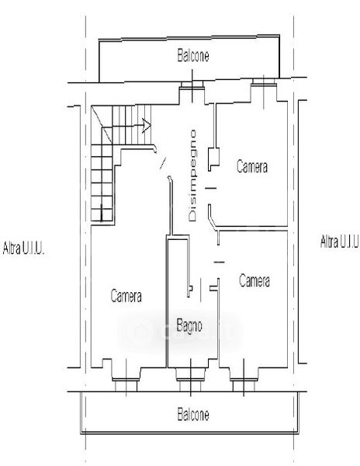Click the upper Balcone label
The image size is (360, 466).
coord(193,55)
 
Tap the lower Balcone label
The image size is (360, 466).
coord(193,414)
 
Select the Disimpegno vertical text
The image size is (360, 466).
coord(192,176)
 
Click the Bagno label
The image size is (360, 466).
coord(189,325)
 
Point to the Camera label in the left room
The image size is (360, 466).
coord(126,296)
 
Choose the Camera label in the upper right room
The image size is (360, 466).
coord(252,166)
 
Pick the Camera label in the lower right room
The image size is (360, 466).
coord(254,280)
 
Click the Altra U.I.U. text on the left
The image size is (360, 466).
coord(24,248)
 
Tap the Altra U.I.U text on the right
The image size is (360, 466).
coord(340,242)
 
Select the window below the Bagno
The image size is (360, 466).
coord(190,380)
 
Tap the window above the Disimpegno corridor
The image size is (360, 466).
coord(192,84)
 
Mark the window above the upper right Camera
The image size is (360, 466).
coord(264,82)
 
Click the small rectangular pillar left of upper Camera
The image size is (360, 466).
coord(213,158)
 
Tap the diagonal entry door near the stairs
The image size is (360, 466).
coord(163,163)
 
